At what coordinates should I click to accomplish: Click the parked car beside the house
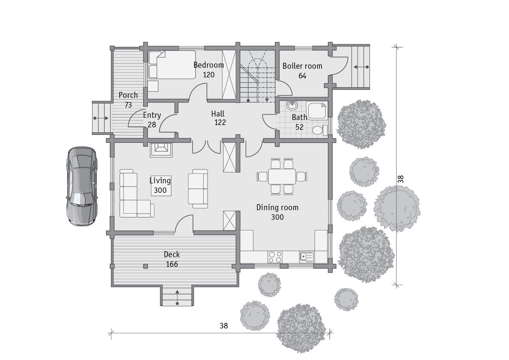[x=82, y=186]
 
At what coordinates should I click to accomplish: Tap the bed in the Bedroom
[x=172, y=65]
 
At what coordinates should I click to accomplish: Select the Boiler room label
[x=302, y=66]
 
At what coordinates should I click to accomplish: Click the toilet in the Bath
[x=320, y=130]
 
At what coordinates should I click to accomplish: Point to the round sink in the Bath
[x=292, y=106]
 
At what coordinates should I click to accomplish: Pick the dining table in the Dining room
[x=282, y=176]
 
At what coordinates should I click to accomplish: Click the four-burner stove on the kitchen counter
[x=275, y=257]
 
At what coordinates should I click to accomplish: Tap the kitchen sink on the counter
[x=307, y=257]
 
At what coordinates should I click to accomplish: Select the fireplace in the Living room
[x=161, y=150]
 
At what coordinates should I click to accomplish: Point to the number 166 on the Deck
[x=172, y=264]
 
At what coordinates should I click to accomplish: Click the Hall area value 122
[x=220, y=122]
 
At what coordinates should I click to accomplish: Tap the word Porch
[x=128, y=95]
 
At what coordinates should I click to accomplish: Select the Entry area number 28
[x=152, y=125]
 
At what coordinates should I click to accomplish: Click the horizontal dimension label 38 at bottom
[x=224, y=326]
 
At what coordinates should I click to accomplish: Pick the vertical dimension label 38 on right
[x=401, y=179]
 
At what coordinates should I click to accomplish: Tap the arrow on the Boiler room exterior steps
[x=361, y=67]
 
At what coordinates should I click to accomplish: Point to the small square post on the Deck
[x=145, y=266]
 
